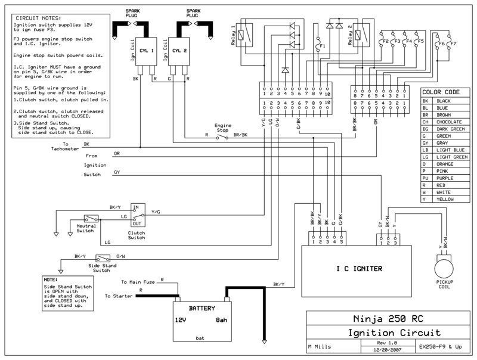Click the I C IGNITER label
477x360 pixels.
(x=359, y=269)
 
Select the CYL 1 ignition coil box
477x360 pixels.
(x=146, y=51)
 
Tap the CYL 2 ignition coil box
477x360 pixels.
(x=179, y=51)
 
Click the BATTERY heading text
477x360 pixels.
(x=202, y=308)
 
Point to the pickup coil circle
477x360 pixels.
(x=444, y=269)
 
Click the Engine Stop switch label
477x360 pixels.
(x=222, y=128)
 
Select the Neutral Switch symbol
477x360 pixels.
(x=91, y=219)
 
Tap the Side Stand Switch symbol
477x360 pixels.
(x=103, y=259)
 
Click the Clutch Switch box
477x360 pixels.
(x=138, y=215)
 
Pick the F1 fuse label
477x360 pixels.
(x=323, y=46)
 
